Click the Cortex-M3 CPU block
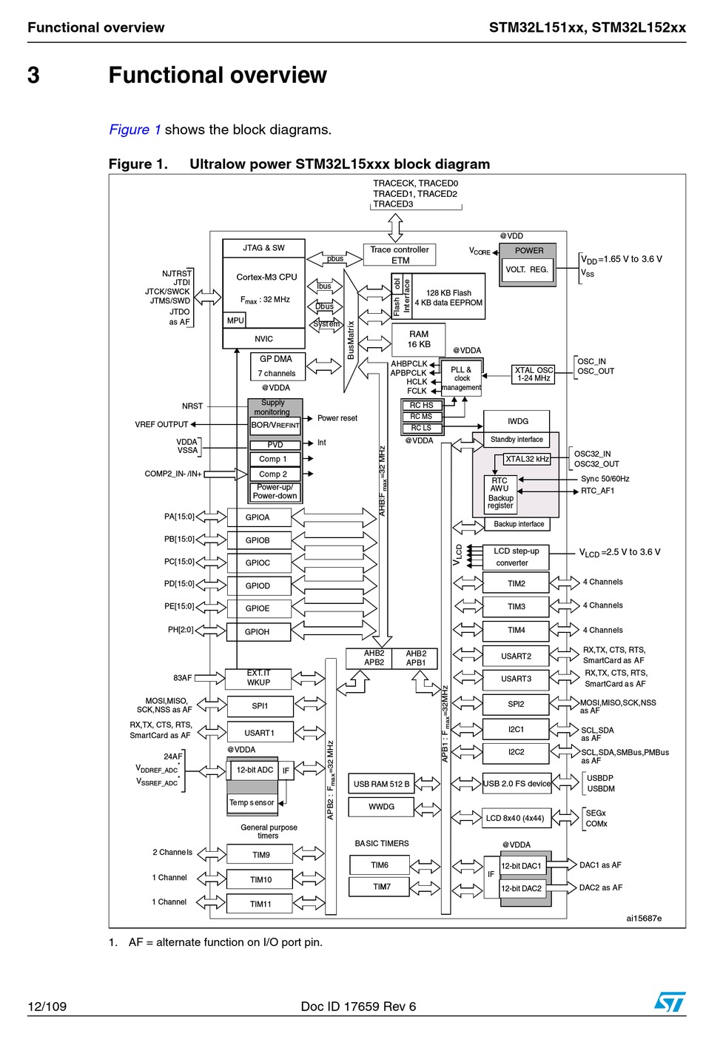pyautogui.click(x=263, y=292)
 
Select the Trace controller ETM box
pyautogui.click(x=399, y=255)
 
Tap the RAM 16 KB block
pyautogui.click(x=418, y=339)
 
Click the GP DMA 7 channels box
pyautogui.click(x=277, y=366)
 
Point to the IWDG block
pyautogui.click(x=517, y=421)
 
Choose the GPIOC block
pyautogui.click(x=259, y=563)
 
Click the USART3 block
pyautogui.click(x=515, y=679)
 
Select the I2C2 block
pyautogui.click(x=515, y=752)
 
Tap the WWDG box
pyautogui.click(x=381, y=807)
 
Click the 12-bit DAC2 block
pyautogui.click(x=522, y=888)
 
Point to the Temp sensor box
pyautogui.click(x=252, y=803)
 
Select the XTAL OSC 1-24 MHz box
pyautogui.click(x=534, y=374)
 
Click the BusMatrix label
pyautogui.click(x=350, y=340)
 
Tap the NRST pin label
pyautogui.click(x=192, y=406)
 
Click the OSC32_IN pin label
pyautogui.click(x=592, y=454)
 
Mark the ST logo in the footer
pyautogui.click(x=670, y=1001)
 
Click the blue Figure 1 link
pyautogui.click(x=135, y=130)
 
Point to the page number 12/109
pyautogui.click(x=47, y=1007)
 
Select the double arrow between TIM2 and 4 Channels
pyautogui.click(x=564, y=582)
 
